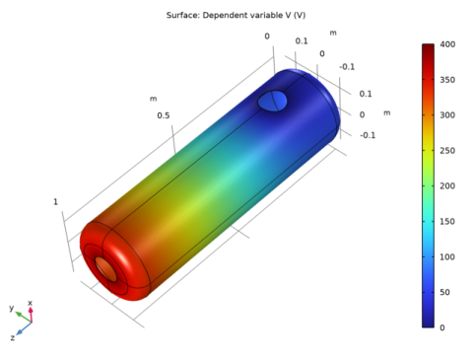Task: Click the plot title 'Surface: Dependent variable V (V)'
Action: (236, 15)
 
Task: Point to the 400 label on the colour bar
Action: (447, 44)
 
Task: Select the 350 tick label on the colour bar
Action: (447, 80)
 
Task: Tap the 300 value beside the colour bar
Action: (447, 115)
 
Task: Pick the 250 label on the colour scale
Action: (447, 151)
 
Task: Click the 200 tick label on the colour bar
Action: (447, 186)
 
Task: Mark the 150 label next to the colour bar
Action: (447, 222)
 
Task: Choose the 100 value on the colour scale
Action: (447, 256)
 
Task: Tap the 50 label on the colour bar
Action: (445, 292)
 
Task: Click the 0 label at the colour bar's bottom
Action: (442, 327)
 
